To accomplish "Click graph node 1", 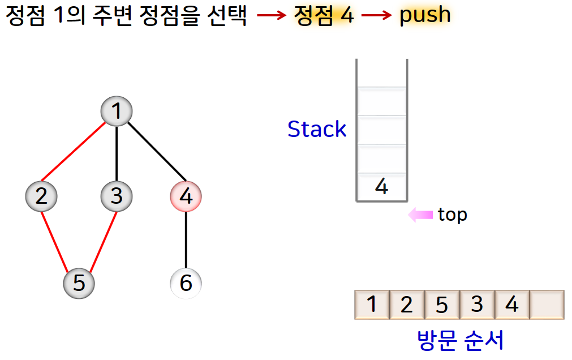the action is [117, 112].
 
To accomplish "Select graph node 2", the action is [41, 196].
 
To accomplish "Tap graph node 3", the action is [117, 196].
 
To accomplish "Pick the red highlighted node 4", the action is [186, 196].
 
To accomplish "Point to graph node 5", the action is [79, 282].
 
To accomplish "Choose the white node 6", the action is [186, 282].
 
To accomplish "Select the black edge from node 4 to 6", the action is [186, 239].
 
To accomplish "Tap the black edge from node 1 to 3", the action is [117, 153].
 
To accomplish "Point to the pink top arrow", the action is [420, 215].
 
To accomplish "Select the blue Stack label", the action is [317, 130].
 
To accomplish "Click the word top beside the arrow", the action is [453, 215].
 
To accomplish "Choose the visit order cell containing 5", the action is [442, 305].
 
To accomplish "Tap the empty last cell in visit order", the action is [547, 305].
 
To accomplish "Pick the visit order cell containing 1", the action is [372, 305].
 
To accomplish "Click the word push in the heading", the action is [425, 15].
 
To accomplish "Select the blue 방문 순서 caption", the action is [460, 341].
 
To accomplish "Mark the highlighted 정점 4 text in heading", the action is [324, 15].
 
